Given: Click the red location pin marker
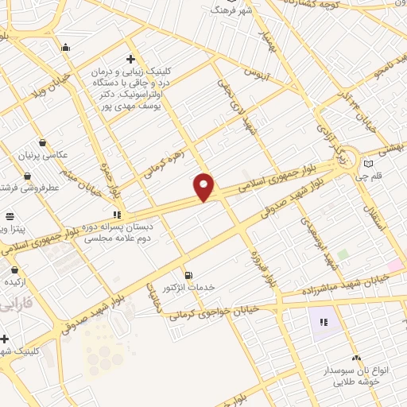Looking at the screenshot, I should pos(204,187).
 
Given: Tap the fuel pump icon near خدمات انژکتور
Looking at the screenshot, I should pos(188,274).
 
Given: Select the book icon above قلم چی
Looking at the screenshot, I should pos(367,165).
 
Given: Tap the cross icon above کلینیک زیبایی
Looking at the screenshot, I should pos(131,59).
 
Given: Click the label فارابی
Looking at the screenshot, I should pos(16,304).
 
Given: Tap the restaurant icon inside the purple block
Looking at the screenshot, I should pos(324,322).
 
